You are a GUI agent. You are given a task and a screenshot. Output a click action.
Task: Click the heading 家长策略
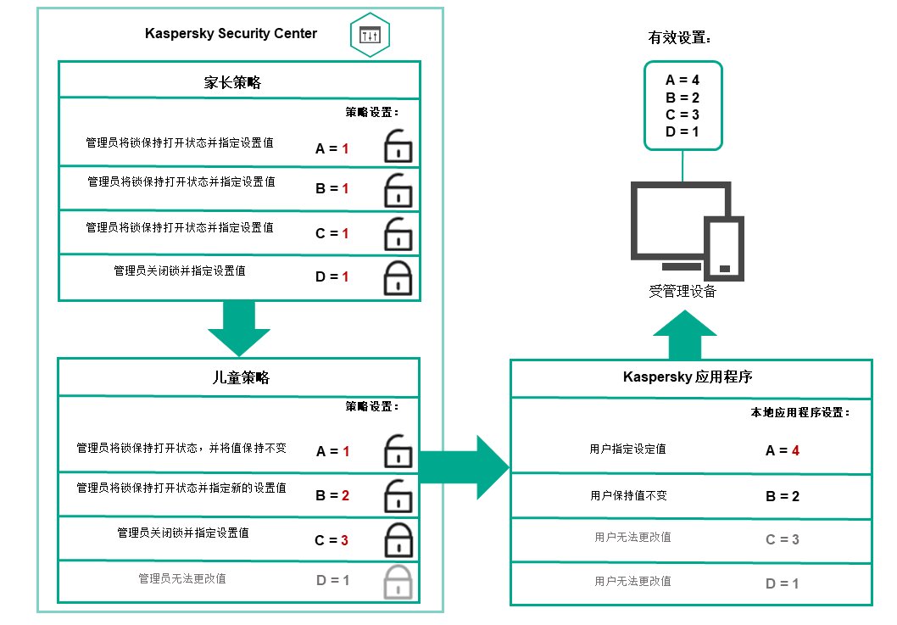[232, 82]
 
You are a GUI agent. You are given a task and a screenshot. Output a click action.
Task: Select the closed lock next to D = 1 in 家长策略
[398, 276]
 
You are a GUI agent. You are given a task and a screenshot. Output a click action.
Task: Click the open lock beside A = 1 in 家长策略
[398, 147]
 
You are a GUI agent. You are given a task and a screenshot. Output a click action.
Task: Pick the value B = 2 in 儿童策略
[332, 495]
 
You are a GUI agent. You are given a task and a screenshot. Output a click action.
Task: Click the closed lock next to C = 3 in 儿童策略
[398, 539]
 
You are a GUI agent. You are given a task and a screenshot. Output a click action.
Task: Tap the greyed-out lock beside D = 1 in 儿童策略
[398, 583]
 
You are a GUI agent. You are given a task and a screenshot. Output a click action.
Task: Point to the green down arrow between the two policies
[238, 329]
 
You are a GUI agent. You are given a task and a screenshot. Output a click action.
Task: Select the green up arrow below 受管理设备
[684, 333]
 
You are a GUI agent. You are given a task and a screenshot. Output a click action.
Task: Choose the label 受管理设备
[682, 292]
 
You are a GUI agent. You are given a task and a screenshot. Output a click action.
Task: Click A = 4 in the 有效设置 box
[682, 81]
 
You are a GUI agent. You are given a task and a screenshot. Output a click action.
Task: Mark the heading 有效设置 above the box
[679, 38]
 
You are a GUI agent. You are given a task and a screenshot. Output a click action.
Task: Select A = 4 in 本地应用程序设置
[783, 450]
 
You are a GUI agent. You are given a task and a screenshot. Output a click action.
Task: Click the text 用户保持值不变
[628, 495]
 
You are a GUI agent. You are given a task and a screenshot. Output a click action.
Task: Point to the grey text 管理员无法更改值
[182, 579]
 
